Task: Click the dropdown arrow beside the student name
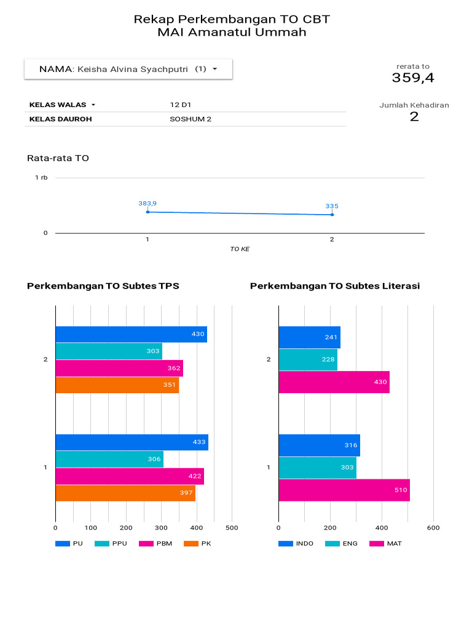click(x=214, y=69)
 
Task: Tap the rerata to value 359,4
click(x=413, y=78)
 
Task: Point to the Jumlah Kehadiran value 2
click(x=414, y=116)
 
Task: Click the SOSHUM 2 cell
click(x=191, y=119)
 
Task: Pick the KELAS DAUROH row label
click(x=60, y=119)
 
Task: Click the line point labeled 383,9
click(x=147, y=212)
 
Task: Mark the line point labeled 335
click(x=332, y=215)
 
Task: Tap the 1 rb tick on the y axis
click(x=41, y=178)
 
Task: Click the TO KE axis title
click(x=240, y=249)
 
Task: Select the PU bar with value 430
click(x=131, y=334)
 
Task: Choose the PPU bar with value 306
click(x=109, y=459)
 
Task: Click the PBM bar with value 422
click(x=130, y=476)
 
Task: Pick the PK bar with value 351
click(x=117, y=385)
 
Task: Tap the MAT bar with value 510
click(x=344, y=490)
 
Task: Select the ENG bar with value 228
click(x=308, y=359)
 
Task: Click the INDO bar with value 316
click(x=319, y=445)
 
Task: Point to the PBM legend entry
click(x=156, y=543)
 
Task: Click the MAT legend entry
click(x=386, y=543)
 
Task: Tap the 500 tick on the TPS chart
click(x=232, y=527)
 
